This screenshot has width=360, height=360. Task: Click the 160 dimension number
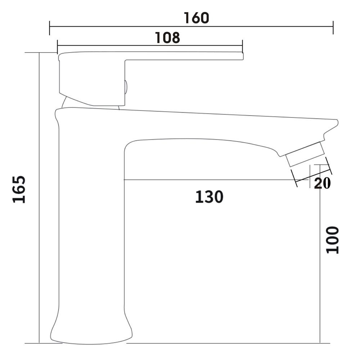tap(197, 18)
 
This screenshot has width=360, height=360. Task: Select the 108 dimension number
tap(167, 38)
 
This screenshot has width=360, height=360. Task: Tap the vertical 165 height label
tap(19, 189)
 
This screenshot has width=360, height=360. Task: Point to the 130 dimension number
tap(209, 197)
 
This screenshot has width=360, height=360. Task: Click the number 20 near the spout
tap(322, 183)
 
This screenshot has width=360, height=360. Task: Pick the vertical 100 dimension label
tap(333, 240)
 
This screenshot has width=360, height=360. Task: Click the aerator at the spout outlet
tap(305, 154)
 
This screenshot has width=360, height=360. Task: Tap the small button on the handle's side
tap(126, 87)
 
